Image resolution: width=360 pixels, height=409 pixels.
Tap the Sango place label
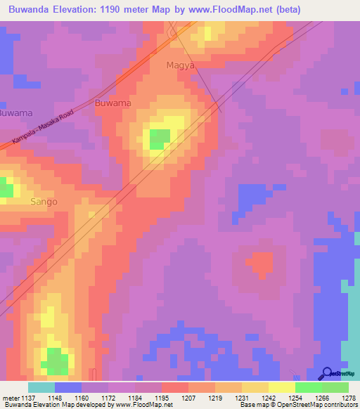44,202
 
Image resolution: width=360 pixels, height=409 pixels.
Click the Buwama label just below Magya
112,103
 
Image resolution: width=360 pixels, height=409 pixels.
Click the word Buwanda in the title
32,10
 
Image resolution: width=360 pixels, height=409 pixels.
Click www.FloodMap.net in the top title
234,10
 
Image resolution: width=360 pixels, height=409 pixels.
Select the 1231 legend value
243,398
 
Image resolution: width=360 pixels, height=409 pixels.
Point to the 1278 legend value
348,398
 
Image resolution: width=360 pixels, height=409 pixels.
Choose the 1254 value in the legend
295,398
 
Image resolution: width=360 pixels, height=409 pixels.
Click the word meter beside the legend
9,398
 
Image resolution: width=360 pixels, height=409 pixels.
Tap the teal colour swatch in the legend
41,387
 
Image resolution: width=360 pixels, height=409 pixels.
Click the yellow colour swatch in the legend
282,387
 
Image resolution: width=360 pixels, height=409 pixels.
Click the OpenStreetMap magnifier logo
327,373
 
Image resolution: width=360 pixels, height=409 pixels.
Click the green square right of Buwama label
160,139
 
